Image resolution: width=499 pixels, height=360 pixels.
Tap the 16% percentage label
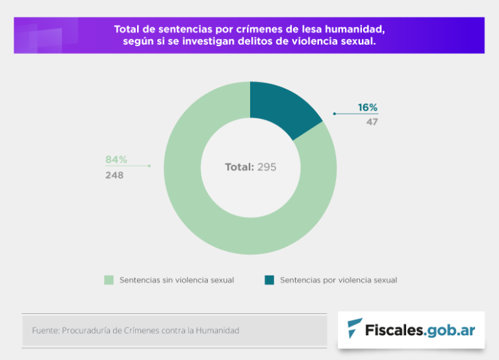pyautogui.click(x=367, y=108)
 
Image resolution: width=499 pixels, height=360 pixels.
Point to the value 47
pyautogui.click(x=372, y=122)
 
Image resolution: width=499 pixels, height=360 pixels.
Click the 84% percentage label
pyautogui.click(x=116, y=160)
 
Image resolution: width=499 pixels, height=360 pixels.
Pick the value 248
pyautogui.click(x=114, y=175)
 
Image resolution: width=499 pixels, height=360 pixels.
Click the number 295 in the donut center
pyautogui.click(x=266, y=167)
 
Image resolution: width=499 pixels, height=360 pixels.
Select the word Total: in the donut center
pyautogui.click(x=239, y=167)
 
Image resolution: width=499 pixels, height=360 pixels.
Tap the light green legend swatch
pyautogui.click(x=109, y=280)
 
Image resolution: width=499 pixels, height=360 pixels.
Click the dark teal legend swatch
pyautogui.click(x=269, y=280)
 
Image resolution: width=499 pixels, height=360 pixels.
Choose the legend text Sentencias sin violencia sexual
pyautogui.click(x=177, y=280)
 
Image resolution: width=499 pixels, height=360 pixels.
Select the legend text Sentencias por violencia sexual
pyautogui.click(x=339, y=280)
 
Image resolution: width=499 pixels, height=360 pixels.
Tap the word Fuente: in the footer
pyautogui.click(x=45, y=331)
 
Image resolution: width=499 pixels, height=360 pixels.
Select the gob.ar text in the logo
pyautogui.click(x=450, y=329)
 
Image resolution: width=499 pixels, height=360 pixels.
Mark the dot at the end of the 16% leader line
pyautogui.click(x=334, y=114)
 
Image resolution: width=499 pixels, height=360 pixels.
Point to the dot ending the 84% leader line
pyautogui.click(x=149, y=166)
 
